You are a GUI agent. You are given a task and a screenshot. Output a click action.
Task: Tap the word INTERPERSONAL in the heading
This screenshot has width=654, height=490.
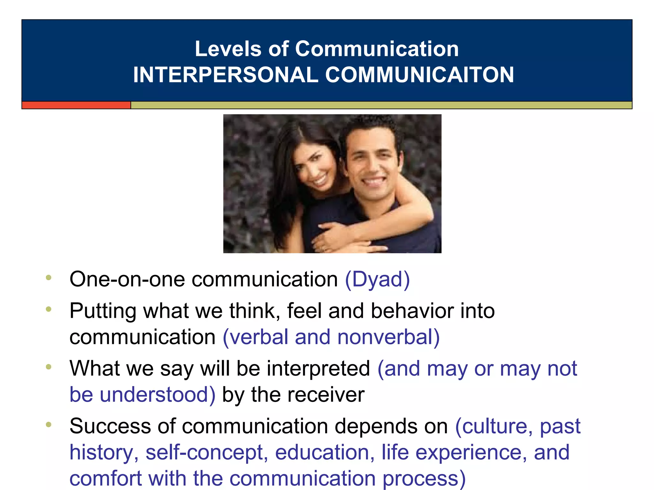click(x=225, y=75)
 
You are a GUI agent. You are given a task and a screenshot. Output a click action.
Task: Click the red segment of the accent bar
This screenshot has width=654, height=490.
click(x=76, y=105)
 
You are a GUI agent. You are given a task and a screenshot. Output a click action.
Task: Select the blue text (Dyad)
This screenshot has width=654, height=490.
click(x=377, y=279)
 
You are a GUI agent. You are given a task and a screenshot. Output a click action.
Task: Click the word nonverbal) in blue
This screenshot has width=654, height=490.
click(x=388, y=337)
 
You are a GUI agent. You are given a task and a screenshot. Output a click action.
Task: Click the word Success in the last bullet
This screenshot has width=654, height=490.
click(x=110, y=426)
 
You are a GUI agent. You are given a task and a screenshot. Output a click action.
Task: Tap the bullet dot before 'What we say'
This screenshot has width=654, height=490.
click(x=49, y=367)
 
